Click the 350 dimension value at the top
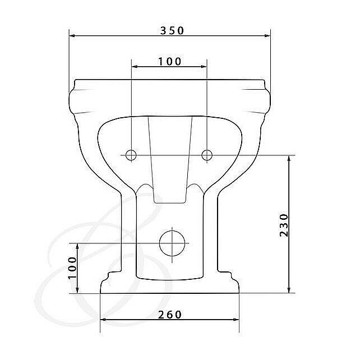pos(172,30)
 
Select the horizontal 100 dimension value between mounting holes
pos(170,61)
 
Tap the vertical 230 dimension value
pos(284,225)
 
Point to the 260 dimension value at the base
pos(170,315)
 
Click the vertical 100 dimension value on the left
pos(72,267)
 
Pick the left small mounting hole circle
pos(131,155)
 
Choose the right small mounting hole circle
pos(207,155)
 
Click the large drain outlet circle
pos(172,243)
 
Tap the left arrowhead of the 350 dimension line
pos(72,35)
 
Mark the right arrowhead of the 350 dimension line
pos(267,35)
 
